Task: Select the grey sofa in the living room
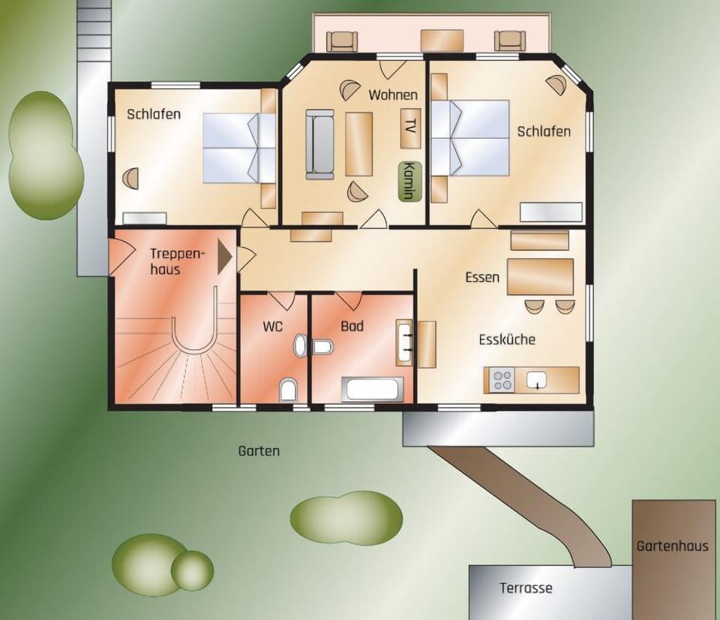click(319, 143)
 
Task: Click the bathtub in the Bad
click(373, 389)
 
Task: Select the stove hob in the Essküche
click(500, 380)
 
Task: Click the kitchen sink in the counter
click(537, 380)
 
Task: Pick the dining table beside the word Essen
click(540, 276)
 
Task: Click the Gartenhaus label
click(672, 546)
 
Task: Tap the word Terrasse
click(526, 588)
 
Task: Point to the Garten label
click(259, 451)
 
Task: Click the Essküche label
click(507, 339)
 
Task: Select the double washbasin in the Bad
click(404, 343)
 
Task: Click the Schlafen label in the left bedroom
click(154, 114)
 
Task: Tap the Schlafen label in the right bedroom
click(544, 131)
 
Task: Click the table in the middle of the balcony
click(442, 40)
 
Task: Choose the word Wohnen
click(393, 95)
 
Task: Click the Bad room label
click(352, 327)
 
